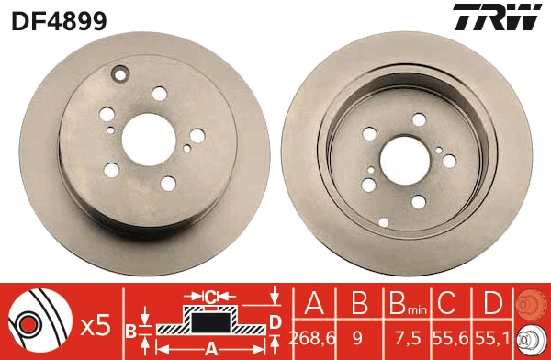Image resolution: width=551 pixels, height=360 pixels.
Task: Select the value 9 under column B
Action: coord(357,338)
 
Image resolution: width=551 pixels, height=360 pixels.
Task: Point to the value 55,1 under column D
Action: coord(491,338)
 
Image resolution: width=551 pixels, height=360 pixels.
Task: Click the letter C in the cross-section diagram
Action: coord(210,297)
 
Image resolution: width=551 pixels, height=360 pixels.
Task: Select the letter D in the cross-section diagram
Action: coord(275,321)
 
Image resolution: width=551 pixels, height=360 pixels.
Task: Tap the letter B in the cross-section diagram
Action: coord(130,330)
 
